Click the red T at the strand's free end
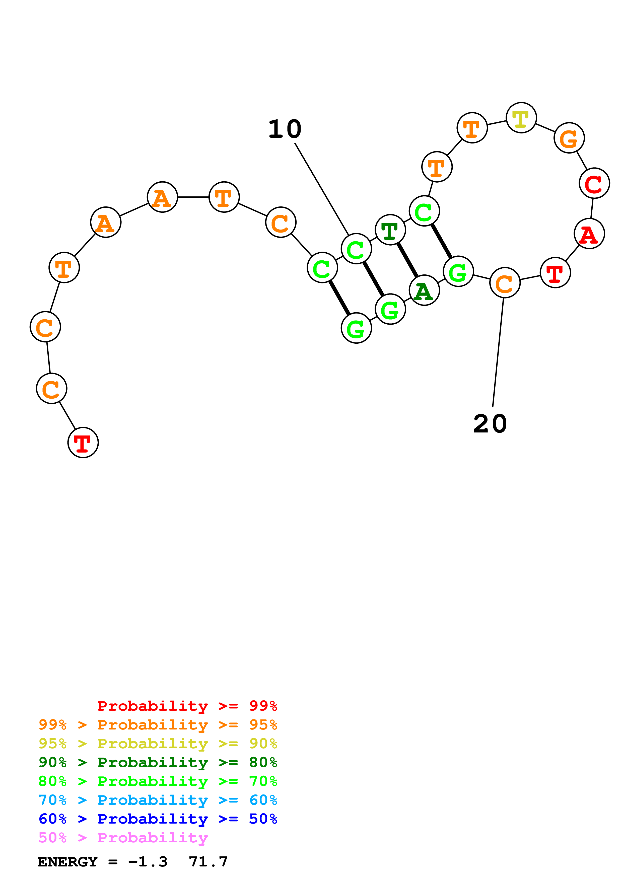point(83,443)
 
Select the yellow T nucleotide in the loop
point(521,118)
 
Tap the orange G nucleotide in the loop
point(569,138)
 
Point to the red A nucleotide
point(589,234)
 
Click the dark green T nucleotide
point(390,230)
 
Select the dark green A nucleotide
point(424,290)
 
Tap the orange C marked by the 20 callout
point(505,283)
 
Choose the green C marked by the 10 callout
point(356,249)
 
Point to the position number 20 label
point(490,424)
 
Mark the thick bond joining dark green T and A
point(407,260)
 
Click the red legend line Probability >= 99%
point(187,706)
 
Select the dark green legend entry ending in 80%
point(158,762)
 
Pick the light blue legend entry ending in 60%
point(158,800)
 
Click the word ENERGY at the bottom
point(67,862)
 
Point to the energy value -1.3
point(148,862)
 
